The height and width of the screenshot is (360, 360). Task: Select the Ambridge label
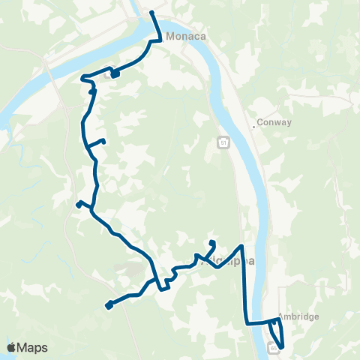pyautogui.click(x=298, y=316)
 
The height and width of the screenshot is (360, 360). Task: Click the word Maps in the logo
pyautogui.click(x=33, y=347)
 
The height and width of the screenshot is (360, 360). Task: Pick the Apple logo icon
pyautogui.click(x=12, y=346)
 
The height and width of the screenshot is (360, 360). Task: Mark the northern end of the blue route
pyautogui.click(x=152, y=13)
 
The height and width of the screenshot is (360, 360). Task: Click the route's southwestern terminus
pyautogui.click(x=109, y=305)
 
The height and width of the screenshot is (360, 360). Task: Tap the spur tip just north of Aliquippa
pyautogui.click(x=213, y=242)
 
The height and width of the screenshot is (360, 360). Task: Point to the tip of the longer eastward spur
pyautogui.click(x=103, y=141)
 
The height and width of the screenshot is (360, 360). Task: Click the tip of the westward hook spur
pyautogui.click(x=78, y=203)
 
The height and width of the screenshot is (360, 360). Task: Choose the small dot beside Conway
pyautogui.click(x=254, y=127)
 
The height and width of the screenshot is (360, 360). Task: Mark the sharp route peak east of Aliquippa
pyautogui.click(x=241, y=245)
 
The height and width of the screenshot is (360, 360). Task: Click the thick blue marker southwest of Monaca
pyautogui.click(x=115, y=73)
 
